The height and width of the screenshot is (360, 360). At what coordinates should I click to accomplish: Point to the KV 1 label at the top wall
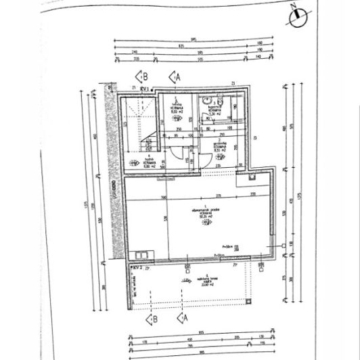coord(144,87)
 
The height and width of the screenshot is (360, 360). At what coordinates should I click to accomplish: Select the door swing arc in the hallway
coord(177,155)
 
